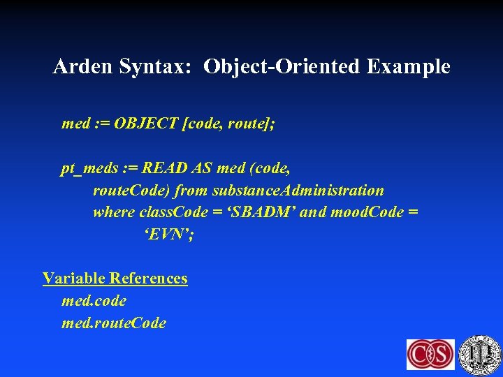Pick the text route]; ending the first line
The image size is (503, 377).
coord(251,124)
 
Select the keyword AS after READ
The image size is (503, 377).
coord(202,168)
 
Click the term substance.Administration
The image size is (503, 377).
coord(298,190)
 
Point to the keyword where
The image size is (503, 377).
coord(114,212)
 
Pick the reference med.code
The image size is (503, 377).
coord(94,301)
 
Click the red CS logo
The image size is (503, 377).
coord(430,354)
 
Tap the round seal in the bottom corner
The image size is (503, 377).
coord(480,354)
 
